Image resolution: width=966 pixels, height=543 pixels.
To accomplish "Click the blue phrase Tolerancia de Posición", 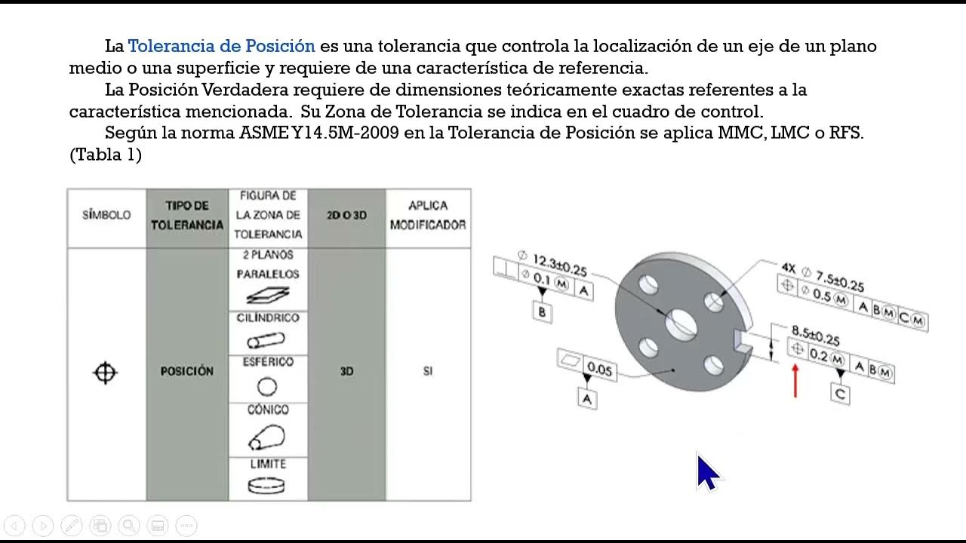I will click(221, 46).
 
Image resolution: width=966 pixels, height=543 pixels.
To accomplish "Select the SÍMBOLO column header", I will click(106, 215).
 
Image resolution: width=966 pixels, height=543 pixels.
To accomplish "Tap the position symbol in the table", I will click(105, 373).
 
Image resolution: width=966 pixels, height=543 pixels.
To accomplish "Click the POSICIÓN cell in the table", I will click(187, 371).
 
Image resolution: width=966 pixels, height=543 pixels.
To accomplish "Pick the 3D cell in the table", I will click(346, 371).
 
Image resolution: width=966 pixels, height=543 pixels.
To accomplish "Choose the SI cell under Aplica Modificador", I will click(428, 371).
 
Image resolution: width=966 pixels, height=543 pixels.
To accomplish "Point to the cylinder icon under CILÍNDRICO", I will click(266, 340).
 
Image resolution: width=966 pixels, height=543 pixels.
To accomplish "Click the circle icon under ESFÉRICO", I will click(267, 387).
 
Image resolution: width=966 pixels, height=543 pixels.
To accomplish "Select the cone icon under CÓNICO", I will click(266, 436).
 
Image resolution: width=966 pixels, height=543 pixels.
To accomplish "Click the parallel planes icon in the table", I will click(268, 294).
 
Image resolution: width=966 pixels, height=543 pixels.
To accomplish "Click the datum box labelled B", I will click(541, 311).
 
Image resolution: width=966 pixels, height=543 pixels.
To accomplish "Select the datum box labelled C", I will click(841, 394).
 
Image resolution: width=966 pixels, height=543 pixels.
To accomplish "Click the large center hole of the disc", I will click(681, 324).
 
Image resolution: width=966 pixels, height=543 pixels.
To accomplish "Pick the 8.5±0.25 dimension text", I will click(815, 335).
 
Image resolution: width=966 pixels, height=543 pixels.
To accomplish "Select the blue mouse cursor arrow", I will click(706, 473).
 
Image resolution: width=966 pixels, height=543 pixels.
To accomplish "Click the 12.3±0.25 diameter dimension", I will click(560, 265).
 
